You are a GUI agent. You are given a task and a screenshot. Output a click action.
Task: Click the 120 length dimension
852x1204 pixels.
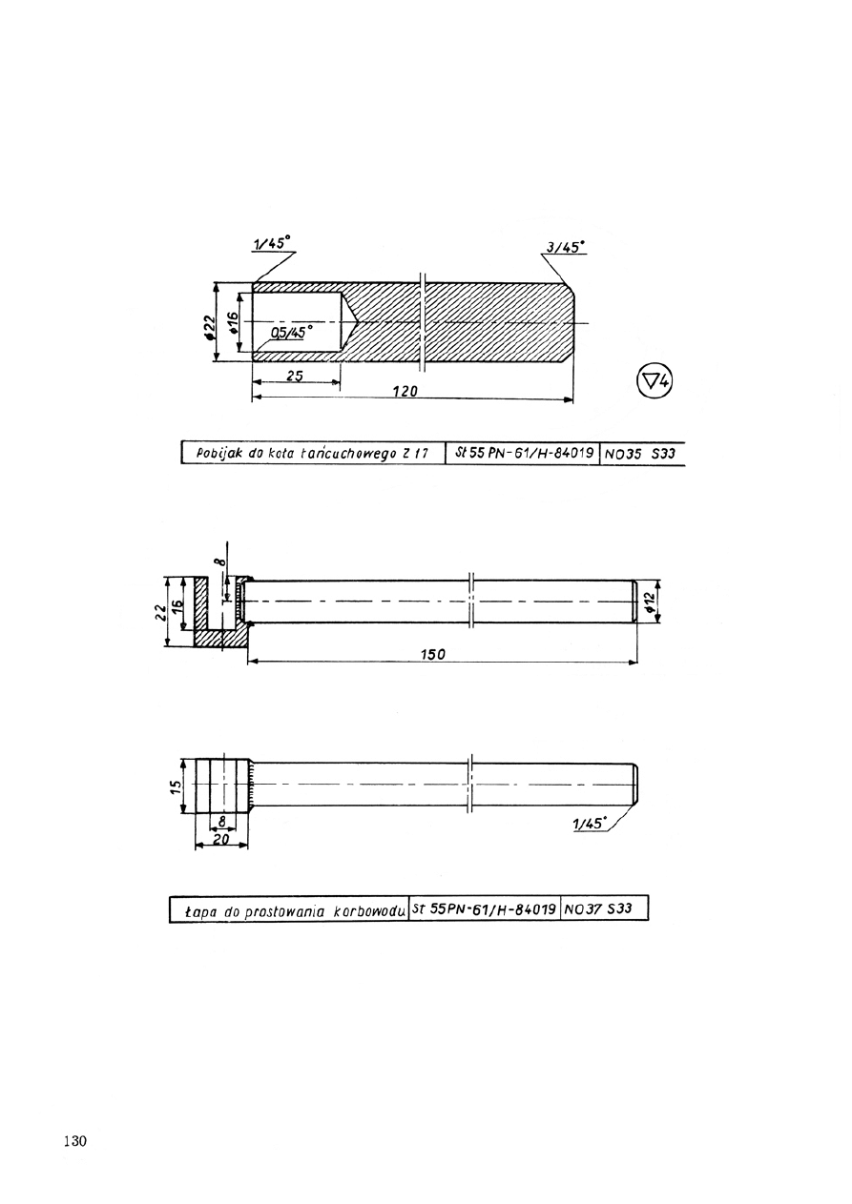point(405,391)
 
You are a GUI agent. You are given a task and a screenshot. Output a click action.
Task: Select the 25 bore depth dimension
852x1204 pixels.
point(295,376)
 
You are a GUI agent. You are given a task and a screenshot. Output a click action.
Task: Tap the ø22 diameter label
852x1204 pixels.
point(209,327)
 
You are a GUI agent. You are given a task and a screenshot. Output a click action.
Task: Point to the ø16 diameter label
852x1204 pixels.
point(233,323)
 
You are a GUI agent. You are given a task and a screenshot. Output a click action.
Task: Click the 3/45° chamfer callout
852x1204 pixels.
point(565,247)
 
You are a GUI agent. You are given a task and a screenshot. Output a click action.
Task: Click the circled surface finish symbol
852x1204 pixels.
point(655,381)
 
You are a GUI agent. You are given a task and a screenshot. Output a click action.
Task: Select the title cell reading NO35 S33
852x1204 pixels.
point(640,453)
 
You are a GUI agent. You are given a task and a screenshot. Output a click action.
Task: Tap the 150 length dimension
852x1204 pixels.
point(433,654)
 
